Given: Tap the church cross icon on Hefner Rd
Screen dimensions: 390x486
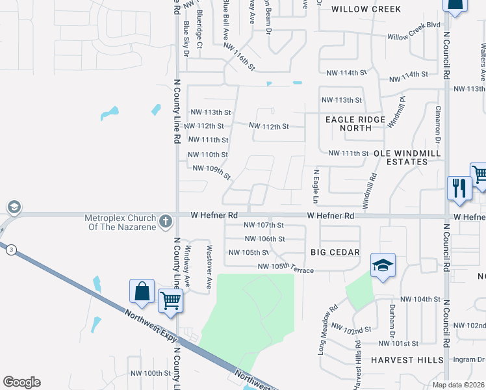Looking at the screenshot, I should pyautogui.click(x=166, y=220).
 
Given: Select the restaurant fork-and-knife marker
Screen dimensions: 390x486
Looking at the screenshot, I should pyautogui.click(x=459, y=188).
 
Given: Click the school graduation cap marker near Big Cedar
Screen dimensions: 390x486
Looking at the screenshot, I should pyautogui.click(x=383, y=265).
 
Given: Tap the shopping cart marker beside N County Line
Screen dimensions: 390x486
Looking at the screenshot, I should pyautogui.click(x=170, y=301).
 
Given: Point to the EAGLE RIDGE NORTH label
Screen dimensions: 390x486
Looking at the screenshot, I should pyautogui.click(x=357, y=123).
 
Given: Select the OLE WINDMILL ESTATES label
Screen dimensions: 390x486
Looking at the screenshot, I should pyautogui.click(x=407, y=158).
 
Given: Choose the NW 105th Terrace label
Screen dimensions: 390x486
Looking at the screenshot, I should pyautogui.click(x=286, y=267).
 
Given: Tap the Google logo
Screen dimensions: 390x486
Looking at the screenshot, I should pyautogui.click(x=21, y=382).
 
